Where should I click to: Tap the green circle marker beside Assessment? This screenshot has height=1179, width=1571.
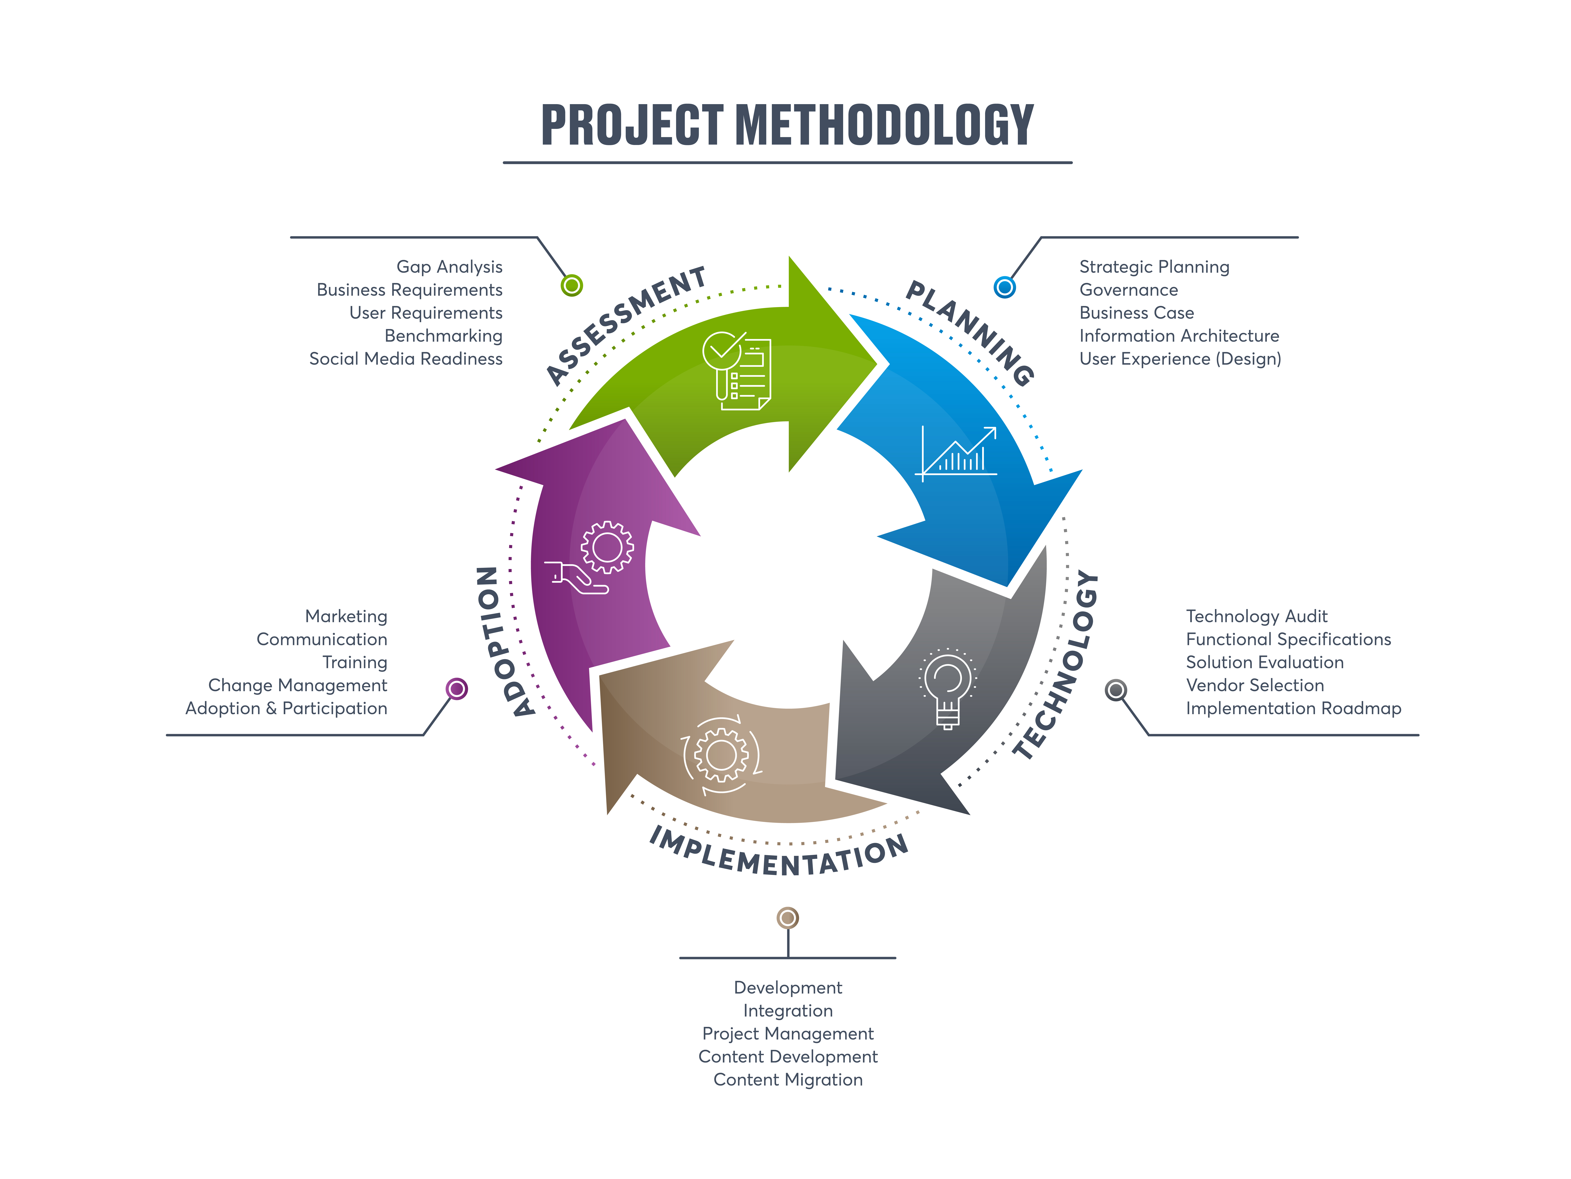coord(572,286)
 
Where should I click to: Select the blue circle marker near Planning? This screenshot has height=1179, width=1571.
coord(1004,287)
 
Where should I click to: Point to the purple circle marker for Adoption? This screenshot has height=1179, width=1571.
coord(457,689)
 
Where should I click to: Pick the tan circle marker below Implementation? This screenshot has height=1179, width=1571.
coord(788,918)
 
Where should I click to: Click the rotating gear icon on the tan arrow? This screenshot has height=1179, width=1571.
coord(721,755)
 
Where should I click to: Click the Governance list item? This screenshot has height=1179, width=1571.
coord(1129,290)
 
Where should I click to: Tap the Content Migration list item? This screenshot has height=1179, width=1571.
coord(788,1080)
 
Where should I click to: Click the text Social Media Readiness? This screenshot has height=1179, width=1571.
coord(405,359)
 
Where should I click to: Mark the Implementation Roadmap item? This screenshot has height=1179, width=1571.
coord(1293,708)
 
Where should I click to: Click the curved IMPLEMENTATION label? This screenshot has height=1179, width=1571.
coord(779,855)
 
